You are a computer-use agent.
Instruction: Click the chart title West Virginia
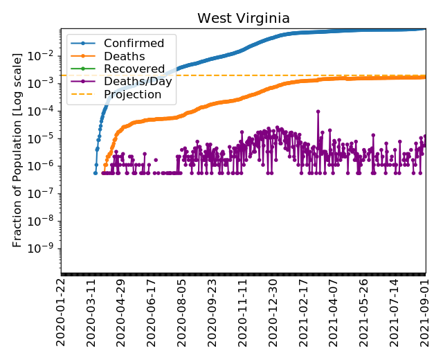(243, 19)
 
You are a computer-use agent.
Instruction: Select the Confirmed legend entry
(134, 44)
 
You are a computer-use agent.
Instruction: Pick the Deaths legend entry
(124, 56)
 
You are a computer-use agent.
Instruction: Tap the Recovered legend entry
(134, 69)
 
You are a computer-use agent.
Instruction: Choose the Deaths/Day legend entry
(138, 82)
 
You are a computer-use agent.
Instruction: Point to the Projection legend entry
(132, 94)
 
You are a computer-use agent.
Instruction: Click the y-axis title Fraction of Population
(18, 149)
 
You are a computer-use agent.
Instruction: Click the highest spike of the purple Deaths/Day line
(318, 111)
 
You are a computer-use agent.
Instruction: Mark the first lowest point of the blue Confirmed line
(96, 172)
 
